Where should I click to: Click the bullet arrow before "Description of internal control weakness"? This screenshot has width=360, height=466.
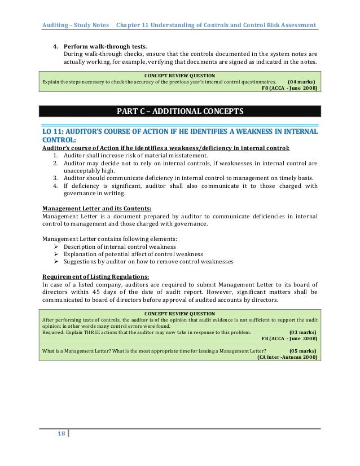56,247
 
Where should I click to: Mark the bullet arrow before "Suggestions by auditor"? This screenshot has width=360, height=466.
56,262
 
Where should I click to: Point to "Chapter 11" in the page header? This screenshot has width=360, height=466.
131,26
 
